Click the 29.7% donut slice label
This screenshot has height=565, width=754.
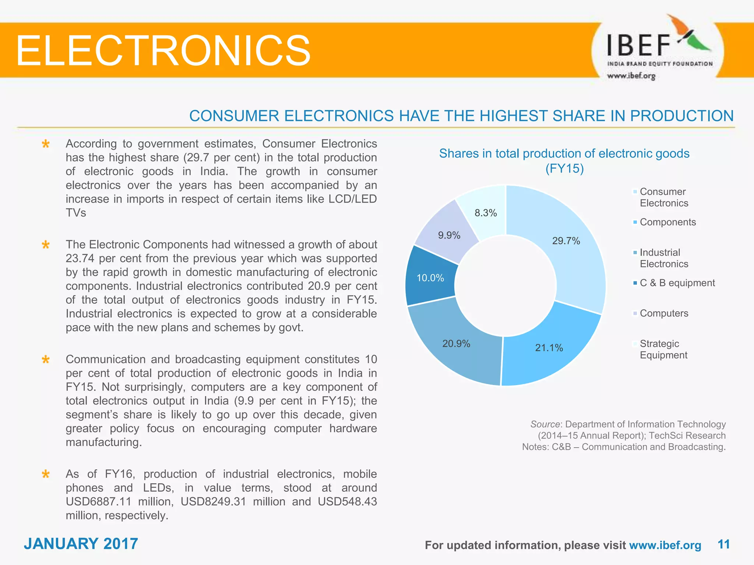pyautogui.click(x=566, y=241)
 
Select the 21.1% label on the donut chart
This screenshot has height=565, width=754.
pyautogui.click(x=549, y=348)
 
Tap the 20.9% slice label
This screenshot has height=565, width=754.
pyautogui.click(x=456, y=344)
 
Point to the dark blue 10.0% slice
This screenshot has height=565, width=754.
pyautogui.click(x=430, y=278)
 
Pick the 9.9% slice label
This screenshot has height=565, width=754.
pyautogui.click(x=449, y=235)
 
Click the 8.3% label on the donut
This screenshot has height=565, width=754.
pyautogui.click(x=486, y=213)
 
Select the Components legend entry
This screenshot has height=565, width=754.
pyautogui.click(x=667, y=222)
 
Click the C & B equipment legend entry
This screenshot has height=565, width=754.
pyautogui.click(x=677, y=283)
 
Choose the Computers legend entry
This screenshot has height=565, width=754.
pyautogui.click(x=663, y=313)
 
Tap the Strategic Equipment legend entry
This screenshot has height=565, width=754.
pyautogui.click(x=663, y=349)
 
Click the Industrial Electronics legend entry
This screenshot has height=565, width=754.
pyautogui.click(x=663, y=258)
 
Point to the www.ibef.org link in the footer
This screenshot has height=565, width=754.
pyautogui.click(x=665, y=545)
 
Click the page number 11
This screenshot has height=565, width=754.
pyautogui.click(x=723, y=544)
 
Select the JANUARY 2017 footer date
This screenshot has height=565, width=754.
pyautogui.click(x=81, y=544)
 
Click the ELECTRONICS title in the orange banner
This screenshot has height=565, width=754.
pyautogui.click(x=163, y=50)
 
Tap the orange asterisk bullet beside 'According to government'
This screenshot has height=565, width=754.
pyautogui.click(x=46, y=144)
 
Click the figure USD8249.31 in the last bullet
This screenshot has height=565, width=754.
pyautogui.click(x=213, y=502)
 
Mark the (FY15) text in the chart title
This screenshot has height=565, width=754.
pyautogui.click(x=564, y=168)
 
